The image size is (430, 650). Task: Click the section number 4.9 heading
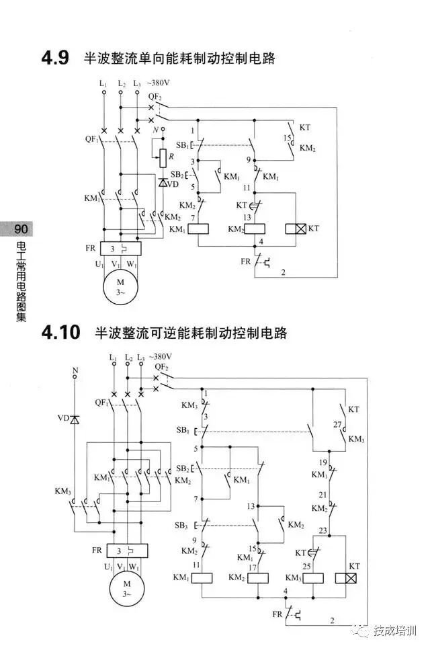click(x=55, y=58)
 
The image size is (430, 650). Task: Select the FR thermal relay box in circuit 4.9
click(x=120, y=248)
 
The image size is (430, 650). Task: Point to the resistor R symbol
click(x=163, y=157)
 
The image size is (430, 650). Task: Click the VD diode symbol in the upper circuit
click(x=163, y=182)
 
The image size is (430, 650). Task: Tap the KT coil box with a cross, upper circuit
click(x=296, y=229)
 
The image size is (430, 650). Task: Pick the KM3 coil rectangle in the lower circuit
click(x=314, y=578)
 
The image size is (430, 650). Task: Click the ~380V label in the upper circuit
click(x=159, y=83)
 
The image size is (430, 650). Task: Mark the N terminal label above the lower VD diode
click(x=75, y=370)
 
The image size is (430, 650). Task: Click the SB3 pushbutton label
click(x=182, y=525)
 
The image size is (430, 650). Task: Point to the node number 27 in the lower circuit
click(x=338, y=424)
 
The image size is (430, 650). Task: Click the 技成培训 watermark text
click(x=395, y=630)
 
